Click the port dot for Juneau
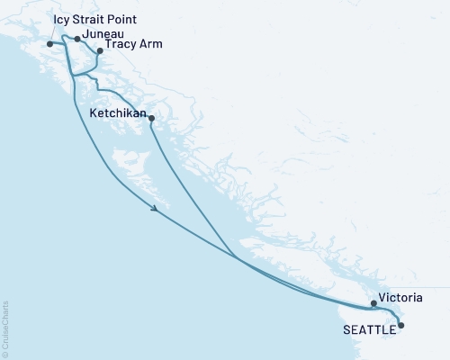(77, 39)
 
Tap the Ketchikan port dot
(151, 119)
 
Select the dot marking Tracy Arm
(99, 50)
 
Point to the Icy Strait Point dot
(49, 43)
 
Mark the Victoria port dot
(373, 304)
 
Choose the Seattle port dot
(401, 325)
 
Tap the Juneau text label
(99, 37)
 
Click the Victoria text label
(400, 296)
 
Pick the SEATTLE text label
(369, 330)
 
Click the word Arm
(150, 44)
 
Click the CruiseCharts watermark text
(5, 328)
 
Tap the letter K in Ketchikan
(94, 113)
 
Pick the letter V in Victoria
(382, 296)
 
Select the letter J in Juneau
(84, 37)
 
